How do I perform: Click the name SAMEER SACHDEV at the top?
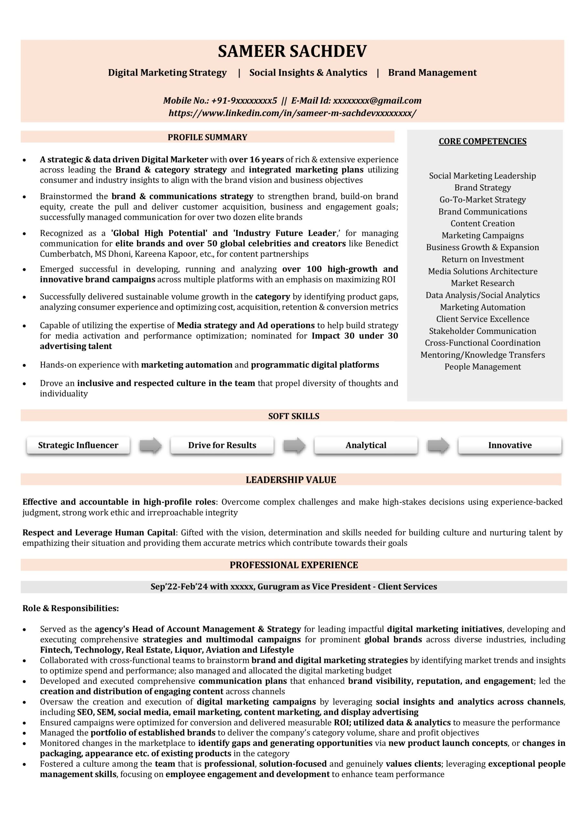292,51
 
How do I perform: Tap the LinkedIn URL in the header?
292,113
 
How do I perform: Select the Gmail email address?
377,101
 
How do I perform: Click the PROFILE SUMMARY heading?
207,137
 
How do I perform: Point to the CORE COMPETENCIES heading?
482,141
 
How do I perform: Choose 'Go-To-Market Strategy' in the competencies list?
482,200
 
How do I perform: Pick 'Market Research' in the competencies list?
482,283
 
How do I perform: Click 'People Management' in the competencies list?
482,367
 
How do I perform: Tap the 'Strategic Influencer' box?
78,445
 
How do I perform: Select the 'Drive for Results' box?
222,445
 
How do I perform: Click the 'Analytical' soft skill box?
366,445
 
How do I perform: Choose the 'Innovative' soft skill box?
510,445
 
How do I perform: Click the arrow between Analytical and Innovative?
438,446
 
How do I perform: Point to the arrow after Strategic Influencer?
150,446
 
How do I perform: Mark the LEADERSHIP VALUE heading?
291,480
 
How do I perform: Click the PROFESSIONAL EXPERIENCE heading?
294,565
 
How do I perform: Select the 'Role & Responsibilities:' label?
71,608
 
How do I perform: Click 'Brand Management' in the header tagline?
432,73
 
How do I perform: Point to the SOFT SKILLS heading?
294,416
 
